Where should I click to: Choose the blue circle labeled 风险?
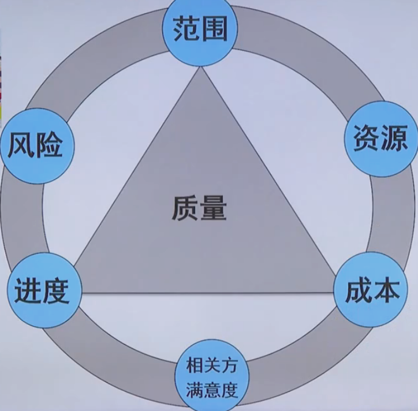point(35,145)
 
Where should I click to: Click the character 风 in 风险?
point(21,146)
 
